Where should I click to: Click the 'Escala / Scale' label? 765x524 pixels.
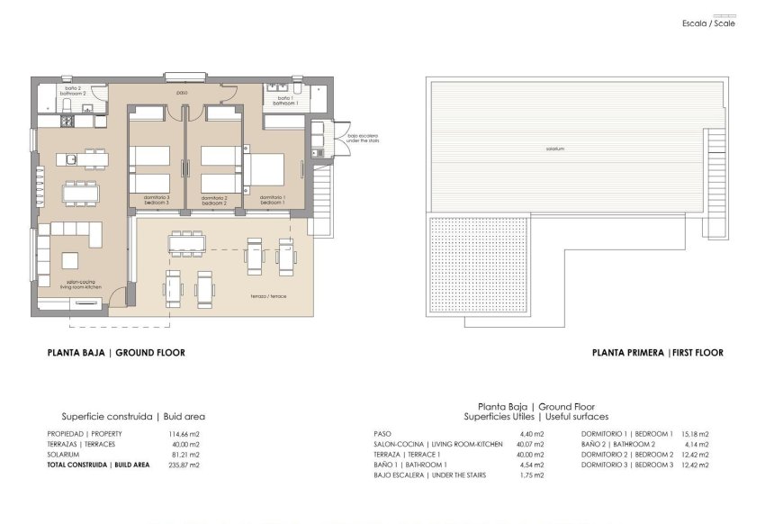pyautogui.click(x=709, y=23)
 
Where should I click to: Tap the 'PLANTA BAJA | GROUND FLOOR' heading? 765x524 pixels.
pyautogui.click(x=116, y=353)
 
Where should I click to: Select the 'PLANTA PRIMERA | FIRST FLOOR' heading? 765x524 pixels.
pyautogui.click(x=657, y=353)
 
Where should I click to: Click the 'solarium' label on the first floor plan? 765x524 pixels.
pyautogui.click(x=554, y=149)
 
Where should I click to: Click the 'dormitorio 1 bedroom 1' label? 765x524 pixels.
pyautogui.click(x=273, y=200)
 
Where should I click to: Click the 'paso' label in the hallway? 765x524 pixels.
pyautogui.click(x=181, y=92)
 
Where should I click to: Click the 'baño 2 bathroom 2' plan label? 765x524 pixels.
pyautogui.click(x=71, y=91)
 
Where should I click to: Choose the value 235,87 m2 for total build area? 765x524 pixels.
pyautogui.click(x=184, y=465)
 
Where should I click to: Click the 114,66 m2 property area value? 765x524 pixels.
pyautogui.click(x=184, y=434)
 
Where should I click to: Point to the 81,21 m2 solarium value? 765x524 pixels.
pyautogui.click(x=184, y=455)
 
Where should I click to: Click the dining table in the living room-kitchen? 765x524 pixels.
pyautogui.click(x=80, y=192)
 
